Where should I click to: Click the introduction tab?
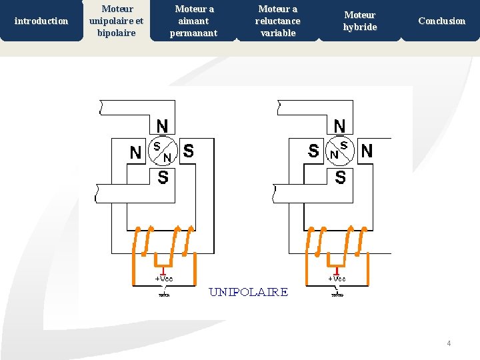pos(41,21)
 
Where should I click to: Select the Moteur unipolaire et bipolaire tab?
pos(116,21)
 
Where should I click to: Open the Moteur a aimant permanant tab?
pos(194,21)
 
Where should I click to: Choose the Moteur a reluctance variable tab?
pos(277,21)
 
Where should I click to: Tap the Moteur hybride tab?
pos(360,21)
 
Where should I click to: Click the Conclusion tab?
pos(441,21)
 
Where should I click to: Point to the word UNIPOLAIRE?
pos(249,292)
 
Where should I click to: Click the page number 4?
pos(449,343)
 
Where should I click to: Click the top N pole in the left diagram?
pos(162,125)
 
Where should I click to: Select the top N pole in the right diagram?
pos(339,125)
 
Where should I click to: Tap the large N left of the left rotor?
pos(135,153)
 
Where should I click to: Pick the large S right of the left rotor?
pos(189,151)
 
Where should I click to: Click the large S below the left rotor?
pos(163,177)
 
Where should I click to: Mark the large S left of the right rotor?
pos(313,151)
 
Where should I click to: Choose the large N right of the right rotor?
pos(367,151)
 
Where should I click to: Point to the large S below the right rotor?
pos(340,177)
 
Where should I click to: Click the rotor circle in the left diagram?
pos(163,151)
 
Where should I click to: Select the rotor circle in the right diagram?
pos(339,151)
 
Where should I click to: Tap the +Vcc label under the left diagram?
pos(164,278)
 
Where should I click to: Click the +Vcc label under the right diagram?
pos(337,278)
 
